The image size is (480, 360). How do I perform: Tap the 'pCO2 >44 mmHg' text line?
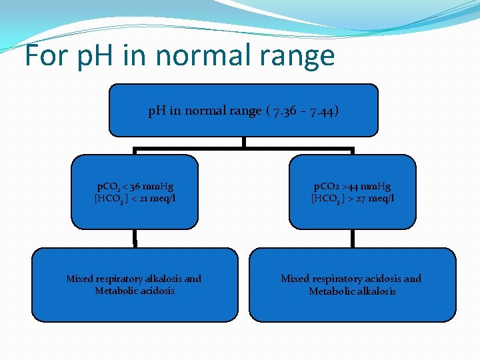353,187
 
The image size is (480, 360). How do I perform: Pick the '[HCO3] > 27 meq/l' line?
353,199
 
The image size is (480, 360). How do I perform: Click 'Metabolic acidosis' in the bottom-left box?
134,291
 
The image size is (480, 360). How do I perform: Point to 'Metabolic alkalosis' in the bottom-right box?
352,291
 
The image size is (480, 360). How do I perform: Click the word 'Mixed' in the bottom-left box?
80,279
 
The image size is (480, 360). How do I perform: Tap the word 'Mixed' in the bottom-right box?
295,279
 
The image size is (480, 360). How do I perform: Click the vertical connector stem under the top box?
244,141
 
